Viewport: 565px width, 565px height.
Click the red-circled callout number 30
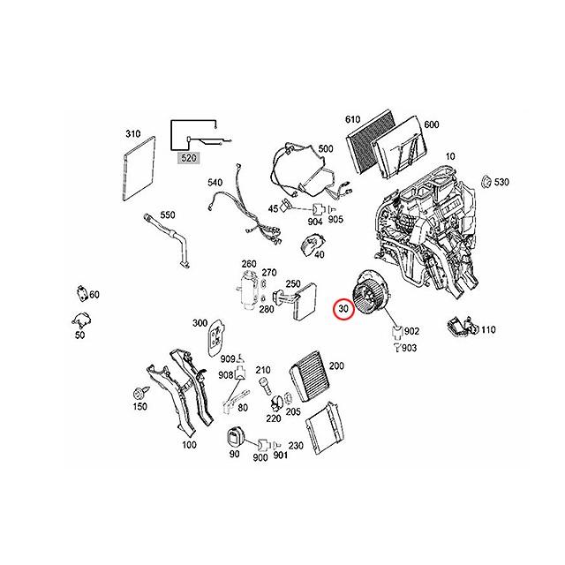343,309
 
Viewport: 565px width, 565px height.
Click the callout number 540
215,182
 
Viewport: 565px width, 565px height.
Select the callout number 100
189,445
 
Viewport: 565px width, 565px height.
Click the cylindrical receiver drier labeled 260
245,290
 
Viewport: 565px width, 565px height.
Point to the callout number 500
325,149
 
